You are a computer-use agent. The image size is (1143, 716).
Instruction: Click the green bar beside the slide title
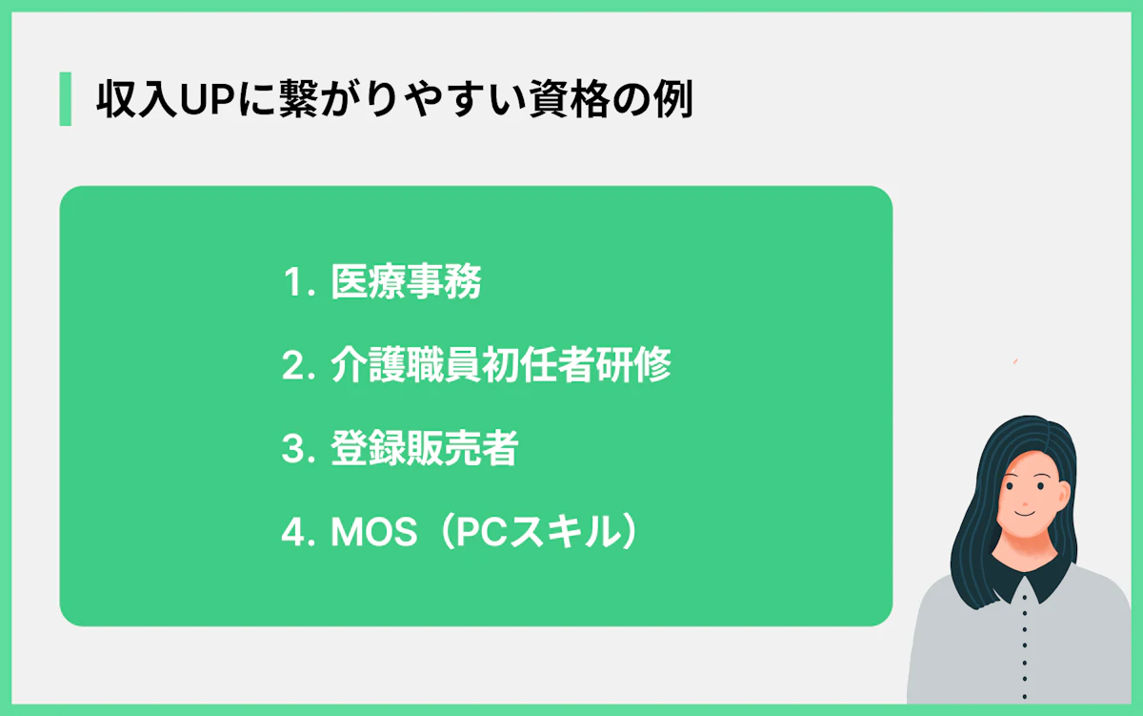pos(65,98)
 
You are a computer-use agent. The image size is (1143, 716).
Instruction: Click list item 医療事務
pos(406,282)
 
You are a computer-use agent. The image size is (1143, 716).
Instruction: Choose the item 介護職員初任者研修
pos(501,366)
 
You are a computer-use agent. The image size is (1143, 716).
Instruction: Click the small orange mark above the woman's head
pos(1015,360)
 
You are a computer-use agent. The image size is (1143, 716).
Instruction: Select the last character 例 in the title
pos(672,100)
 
